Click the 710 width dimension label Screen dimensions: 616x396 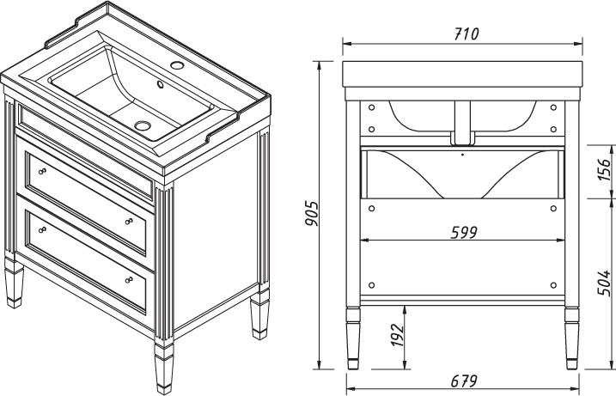(467, 34)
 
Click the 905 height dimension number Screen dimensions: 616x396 (313, 214)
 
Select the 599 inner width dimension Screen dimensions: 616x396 (464, 233)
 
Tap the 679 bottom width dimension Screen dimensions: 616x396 (464, 381)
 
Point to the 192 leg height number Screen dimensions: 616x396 (398, 335)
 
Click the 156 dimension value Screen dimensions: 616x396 (604, 170)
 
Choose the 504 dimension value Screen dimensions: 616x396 (604, 283)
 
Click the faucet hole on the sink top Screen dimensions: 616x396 (178, 64)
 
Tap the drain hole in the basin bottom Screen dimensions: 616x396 (143, 125)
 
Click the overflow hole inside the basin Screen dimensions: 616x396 (161, 84)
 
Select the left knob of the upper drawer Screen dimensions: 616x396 (42, 171)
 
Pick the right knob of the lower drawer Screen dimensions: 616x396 (129, 280)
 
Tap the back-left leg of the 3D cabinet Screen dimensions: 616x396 (14, 282)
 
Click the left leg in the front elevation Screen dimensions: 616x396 (353, 338)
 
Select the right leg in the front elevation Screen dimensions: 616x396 (571, 338)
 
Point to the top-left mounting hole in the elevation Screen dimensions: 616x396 (372, 107)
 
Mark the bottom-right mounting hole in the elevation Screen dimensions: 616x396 (553, 285)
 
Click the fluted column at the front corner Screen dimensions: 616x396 (164, 263)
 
